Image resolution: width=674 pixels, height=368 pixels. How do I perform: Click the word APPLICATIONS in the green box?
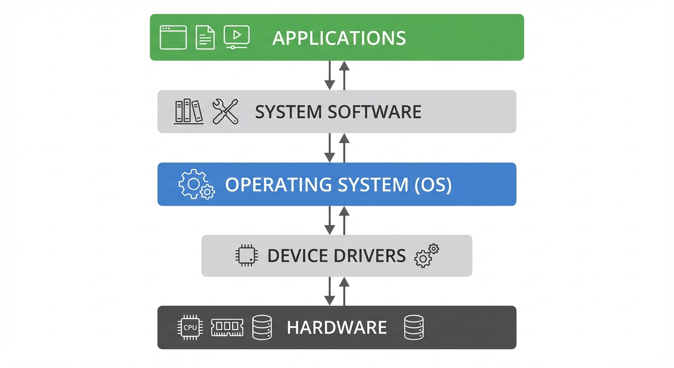click(339, 38)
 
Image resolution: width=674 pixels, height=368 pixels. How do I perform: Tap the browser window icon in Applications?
click(173, 37)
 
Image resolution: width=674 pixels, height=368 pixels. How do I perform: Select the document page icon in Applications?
click(205, 37)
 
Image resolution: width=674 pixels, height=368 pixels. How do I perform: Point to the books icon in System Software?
click(189, 111)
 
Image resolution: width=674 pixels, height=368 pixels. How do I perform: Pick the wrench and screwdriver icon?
click(225, 111)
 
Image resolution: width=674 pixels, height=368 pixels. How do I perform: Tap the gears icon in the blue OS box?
click(196, 184)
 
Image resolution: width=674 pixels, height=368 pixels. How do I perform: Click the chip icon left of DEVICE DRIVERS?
click(247, 255)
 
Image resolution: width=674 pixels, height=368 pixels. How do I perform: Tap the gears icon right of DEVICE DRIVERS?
click(426, 255)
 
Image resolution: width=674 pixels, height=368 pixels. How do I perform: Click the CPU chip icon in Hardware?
click(190, 328)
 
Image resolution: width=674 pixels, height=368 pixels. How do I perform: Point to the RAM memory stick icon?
click(227, 328)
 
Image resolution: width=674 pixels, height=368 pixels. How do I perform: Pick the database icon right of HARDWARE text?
click(414, 328)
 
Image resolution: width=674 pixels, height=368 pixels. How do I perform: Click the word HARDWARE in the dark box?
click(337, 328)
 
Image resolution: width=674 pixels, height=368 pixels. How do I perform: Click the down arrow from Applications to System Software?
click(329, 75)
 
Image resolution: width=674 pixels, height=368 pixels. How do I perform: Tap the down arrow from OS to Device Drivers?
click(329, 220)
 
